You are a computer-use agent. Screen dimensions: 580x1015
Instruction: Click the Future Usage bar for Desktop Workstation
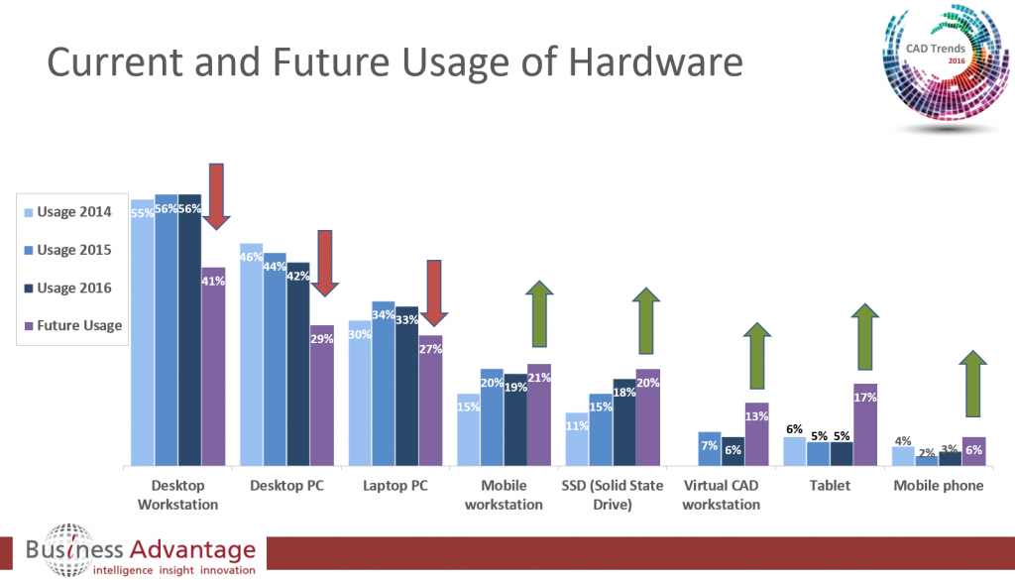(x=213, y=367)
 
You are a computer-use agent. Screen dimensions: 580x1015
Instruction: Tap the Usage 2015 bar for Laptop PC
(x=383, y=383)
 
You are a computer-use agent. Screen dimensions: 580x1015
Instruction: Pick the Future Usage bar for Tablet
(x=865, y=424)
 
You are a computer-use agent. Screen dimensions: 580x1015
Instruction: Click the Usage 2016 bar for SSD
(x=623, y=421)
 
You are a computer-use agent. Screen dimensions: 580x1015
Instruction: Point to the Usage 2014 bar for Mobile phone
(x=902, y=455)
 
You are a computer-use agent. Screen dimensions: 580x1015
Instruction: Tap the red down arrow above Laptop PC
(x=432, y=293)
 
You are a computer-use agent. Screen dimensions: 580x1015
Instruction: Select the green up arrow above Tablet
(x=865, y=337)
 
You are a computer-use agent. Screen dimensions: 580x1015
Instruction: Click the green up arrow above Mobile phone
(x=973, y=384)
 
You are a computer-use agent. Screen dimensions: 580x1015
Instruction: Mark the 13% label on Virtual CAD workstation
(x=756, y=416)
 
